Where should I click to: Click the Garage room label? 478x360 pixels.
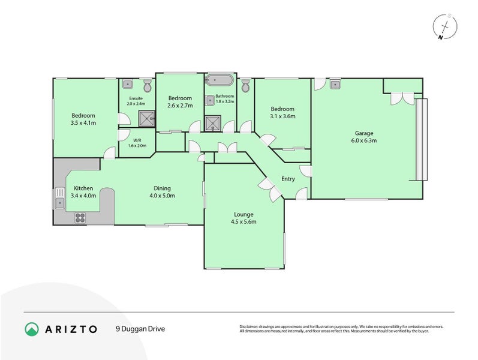(x=364, y=133)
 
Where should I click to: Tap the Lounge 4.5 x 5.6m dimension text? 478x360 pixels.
(x=243, y=222)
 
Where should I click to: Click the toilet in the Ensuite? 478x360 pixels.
(x=148, y=86)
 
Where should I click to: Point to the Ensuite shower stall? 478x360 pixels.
(x=147, y=119)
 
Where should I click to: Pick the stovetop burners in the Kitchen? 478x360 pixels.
(x=80, y=218)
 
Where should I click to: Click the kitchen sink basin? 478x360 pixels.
(x=60, y=203)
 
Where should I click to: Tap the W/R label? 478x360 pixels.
(x=137, y=140)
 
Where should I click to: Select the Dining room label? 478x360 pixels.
(x=162, y=188)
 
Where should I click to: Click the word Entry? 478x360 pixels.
(x=288, y=179)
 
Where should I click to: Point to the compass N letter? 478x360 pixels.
(x=440, y=38)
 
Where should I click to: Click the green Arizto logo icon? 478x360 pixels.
(x=32, y=329)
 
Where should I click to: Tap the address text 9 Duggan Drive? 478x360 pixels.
(x=140, y=329)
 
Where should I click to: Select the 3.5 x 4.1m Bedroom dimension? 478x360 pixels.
(x=83, y=123)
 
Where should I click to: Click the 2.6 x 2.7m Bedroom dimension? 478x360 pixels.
(x=180, y=106)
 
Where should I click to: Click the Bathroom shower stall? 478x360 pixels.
(x=213, y=123)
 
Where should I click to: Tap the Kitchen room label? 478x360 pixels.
(x=83, y=188)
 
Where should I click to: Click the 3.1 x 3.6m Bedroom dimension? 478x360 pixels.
(x=282, y=116)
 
